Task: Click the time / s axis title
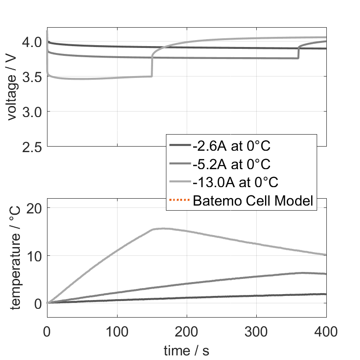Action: click(x=186, y=351)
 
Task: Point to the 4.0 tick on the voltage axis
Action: click(x=32, y=42)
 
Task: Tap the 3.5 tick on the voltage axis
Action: click(x=32, y=77)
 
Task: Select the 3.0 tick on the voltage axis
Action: click(x=32, y=112)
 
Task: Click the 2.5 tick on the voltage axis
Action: click(x=32, y=147)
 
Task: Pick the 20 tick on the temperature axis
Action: click(x=35, y=208)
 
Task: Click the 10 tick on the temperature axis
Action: click(x=35, y=255)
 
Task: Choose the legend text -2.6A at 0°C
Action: click(x=231, y=146)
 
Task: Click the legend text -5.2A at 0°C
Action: click(x=231, y=164)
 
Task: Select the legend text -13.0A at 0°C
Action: click(x=236, y=182)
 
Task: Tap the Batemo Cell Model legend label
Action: click(x=253, y=201)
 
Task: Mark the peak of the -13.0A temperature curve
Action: click(x=161, y=228)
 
